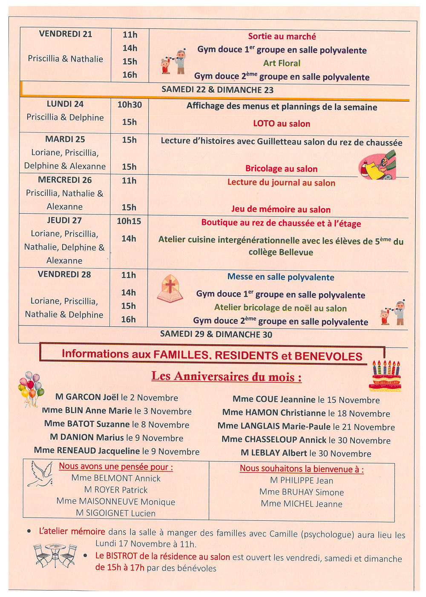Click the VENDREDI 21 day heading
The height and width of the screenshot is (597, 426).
click(66, 34)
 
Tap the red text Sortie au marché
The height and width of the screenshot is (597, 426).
click(282, 37)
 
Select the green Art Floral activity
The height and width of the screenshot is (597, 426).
click(282, 63)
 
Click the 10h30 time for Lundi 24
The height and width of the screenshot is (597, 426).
click(130, 105)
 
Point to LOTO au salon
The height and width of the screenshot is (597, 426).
click(282, 123)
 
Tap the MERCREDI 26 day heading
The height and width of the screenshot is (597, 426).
click(65, 180)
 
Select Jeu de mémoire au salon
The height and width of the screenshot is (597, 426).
click(281, 209)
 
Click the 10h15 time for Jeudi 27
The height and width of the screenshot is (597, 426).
click(129, 221)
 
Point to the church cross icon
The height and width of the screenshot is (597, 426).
click(170, 289)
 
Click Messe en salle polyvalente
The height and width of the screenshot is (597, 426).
click(281, 277)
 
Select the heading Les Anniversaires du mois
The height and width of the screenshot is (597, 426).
click(227, 377)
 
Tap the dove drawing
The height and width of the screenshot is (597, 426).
click(40, 474)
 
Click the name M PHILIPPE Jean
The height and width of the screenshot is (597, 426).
click(302, 480)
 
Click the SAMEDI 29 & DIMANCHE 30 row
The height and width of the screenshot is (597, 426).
click(216, 334)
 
